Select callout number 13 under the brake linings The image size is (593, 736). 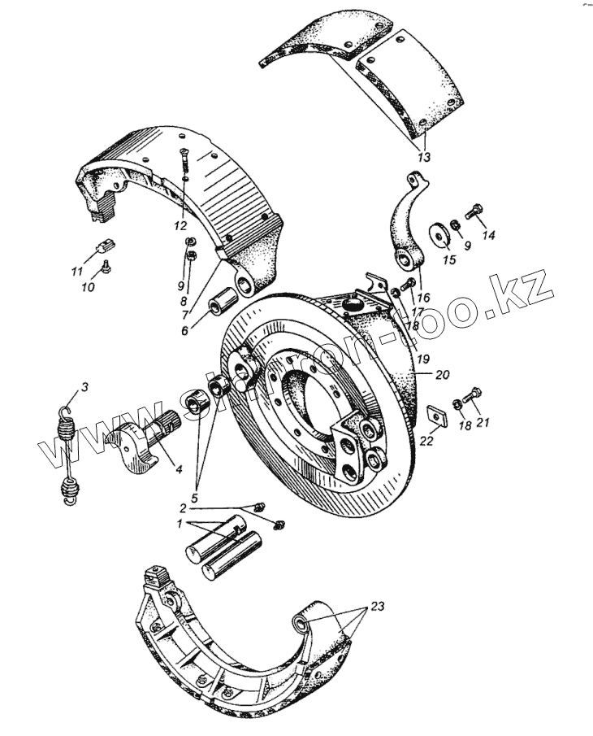pyautogui.click(x=424, y=157)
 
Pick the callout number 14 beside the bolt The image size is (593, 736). pyautogui.click(x=488, y=235)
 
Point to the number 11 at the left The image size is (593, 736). pyautogui.click(x=77, y=270)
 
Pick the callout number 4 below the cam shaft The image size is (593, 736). pyautogui.click(x=177, y=470)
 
